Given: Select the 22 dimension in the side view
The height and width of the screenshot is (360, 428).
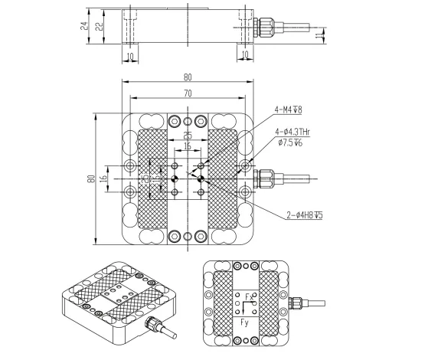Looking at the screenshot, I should coord(98,26).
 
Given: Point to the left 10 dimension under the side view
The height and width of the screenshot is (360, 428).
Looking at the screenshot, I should coord(130,56).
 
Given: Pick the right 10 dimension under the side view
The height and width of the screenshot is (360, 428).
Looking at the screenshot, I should coord(244,56).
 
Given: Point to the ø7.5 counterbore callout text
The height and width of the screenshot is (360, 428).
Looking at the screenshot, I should coord(291,142).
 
